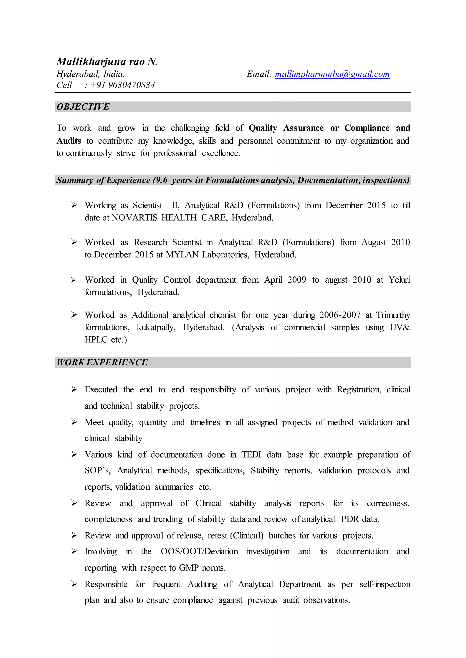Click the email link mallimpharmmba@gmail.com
(x=332, y=74)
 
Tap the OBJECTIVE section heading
(x=83, y=107)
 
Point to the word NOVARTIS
(x=134, y=218)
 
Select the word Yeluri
(x=399, y=280)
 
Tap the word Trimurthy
(x=393, y=315)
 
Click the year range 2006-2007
(x=340, y=315)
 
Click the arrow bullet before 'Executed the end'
(x=74, y=389)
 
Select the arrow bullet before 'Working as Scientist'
(x=74, y=205)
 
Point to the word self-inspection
(x=385, y=584)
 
